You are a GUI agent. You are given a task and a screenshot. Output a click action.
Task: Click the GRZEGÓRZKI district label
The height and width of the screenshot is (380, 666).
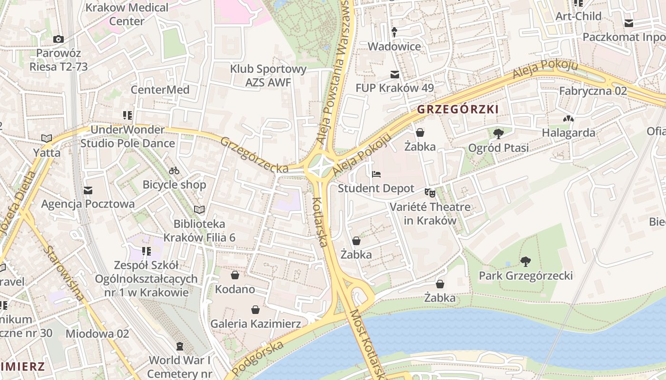458,109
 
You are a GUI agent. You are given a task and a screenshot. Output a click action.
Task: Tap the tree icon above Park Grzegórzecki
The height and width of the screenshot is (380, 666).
525,261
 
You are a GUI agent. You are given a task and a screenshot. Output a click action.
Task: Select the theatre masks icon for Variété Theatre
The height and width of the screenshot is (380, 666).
430,192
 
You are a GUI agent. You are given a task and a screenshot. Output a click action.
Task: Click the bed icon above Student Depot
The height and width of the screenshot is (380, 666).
376,174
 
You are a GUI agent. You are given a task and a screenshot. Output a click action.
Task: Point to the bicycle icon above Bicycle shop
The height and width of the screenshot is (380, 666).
174,171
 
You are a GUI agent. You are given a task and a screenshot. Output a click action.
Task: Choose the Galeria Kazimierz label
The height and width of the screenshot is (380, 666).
255,324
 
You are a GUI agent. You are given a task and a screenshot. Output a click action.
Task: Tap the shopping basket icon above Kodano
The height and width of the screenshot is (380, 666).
235,275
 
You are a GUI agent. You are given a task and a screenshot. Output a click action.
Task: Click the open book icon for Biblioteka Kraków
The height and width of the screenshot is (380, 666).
199,209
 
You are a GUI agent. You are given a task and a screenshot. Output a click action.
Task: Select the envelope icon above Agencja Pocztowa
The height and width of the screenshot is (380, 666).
88,190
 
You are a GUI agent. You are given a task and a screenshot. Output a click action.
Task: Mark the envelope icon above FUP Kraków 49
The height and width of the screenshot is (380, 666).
394,74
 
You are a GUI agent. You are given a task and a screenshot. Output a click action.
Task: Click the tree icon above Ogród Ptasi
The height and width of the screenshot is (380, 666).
498,133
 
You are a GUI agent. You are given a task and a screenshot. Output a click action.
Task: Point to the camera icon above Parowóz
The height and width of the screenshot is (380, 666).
59,39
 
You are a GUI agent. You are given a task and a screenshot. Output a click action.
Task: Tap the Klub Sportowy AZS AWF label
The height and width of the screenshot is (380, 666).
268,76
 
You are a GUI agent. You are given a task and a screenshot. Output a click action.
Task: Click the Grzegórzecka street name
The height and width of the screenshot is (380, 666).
254,155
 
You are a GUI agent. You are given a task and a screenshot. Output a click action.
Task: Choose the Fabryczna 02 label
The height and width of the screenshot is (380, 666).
593,91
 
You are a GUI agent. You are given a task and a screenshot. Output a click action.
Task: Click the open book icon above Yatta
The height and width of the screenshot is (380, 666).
46,138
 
